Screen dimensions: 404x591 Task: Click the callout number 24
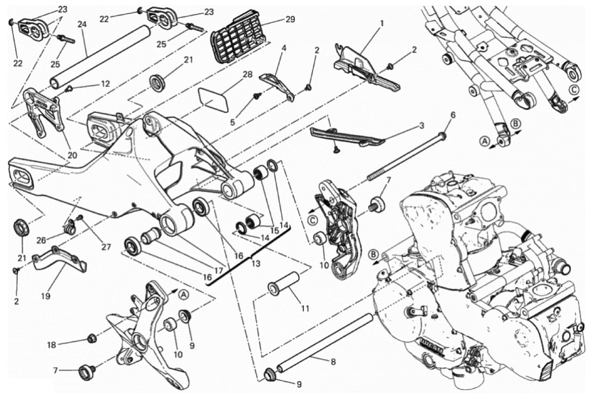[x=82, y=25]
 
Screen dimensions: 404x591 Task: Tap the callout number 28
[x=247, y=75]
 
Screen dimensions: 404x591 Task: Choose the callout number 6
[x=453, y=115]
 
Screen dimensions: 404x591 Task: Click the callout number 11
[x=305, y=308]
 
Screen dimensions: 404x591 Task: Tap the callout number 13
[x=256, y=263]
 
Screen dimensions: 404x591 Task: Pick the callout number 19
[x=46, y=295]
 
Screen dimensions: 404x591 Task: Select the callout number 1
[x=382, y=24]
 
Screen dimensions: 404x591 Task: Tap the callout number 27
[x=106, y=247]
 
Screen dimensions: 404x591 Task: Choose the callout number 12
[x=105, y=84]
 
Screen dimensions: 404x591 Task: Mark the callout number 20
[x=72, y=156]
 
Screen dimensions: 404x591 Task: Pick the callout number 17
[x=218, y=271]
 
